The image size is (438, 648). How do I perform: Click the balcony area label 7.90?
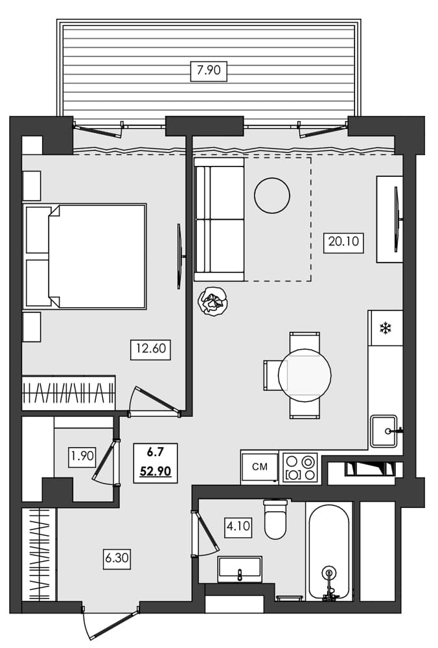tap(209, 70)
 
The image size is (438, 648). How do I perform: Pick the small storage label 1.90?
tap(82, 456)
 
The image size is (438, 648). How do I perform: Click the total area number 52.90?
tap(155, 471)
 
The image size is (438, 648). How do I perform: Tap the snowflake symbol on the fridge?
tap(385, 329)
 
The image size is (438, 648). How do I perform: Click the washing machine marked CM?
tap(260, 467)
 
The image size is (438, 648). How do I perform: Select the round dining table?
tap(305, 374)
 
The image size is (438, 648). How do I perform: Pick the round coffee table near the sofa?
tap(272, 195)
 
